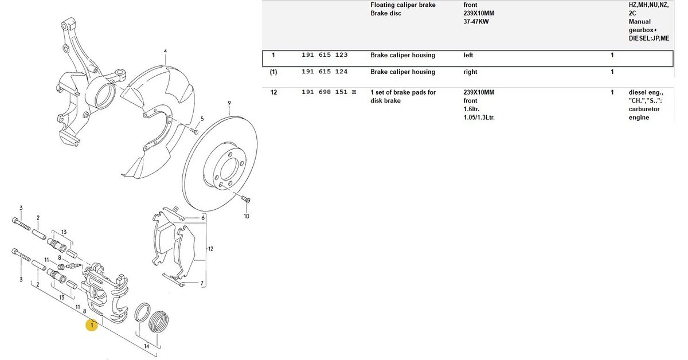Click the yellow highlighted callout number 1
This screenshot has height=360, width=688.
coord(91,326)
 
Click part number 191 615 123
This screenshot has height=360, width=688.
coord(325,56)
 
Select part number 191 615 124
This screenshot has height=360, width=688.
coord(325,72)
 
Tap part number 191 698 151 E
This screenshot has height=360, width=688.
coord(329,92)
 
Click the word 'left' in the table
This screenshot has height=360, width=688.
coord(469,56)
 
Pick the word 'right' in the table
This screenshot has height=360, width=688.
coord(470,72)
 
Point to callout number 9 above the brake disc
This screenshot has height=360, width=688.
coord(229,104)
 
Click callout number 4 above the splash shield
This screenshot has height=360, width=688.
coord(165,52)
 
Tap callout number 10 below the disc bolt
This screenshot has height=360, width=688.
coord(247,216)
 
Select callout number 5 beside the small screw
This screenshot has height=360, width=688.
coord(202,119)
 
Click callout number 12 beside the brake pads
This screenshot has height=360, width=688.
coord(210,249)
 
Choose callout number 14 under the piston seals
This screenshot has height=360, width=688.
coord(147,346)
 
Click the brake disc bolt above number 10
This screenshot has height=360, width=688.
coord(245,199)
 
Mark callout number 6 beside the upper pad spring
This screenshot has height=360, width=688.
coord(203,218)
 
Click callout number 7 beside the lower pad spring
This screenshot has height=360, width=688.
coord(202,283)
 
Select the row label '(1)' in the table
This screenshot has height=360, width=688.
coord(273,72)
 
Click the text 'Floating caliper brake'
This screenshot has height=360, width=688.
coord(403,5)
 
